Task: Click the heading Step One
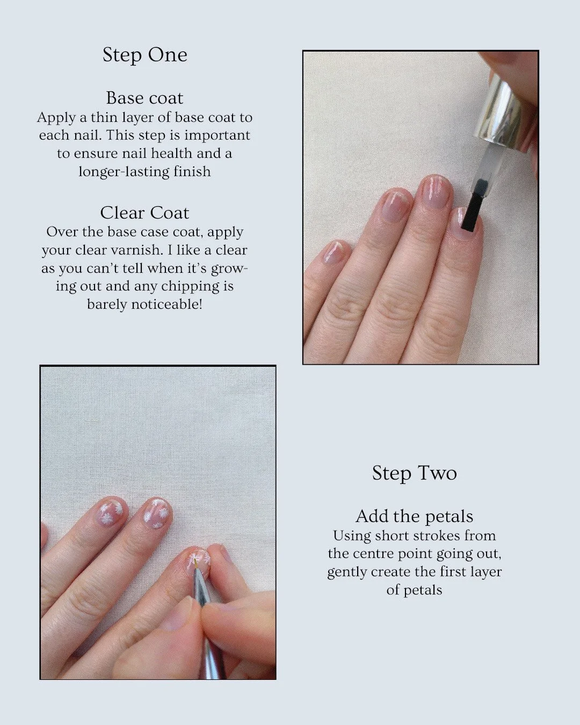145,55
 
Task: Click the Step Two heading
414,473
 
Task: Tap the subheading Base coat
144,98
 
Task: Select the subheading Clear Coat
144,213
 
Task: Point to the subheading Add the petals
414,517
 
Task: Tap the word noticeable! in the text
167,304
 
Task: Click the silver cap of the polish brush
504,112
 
